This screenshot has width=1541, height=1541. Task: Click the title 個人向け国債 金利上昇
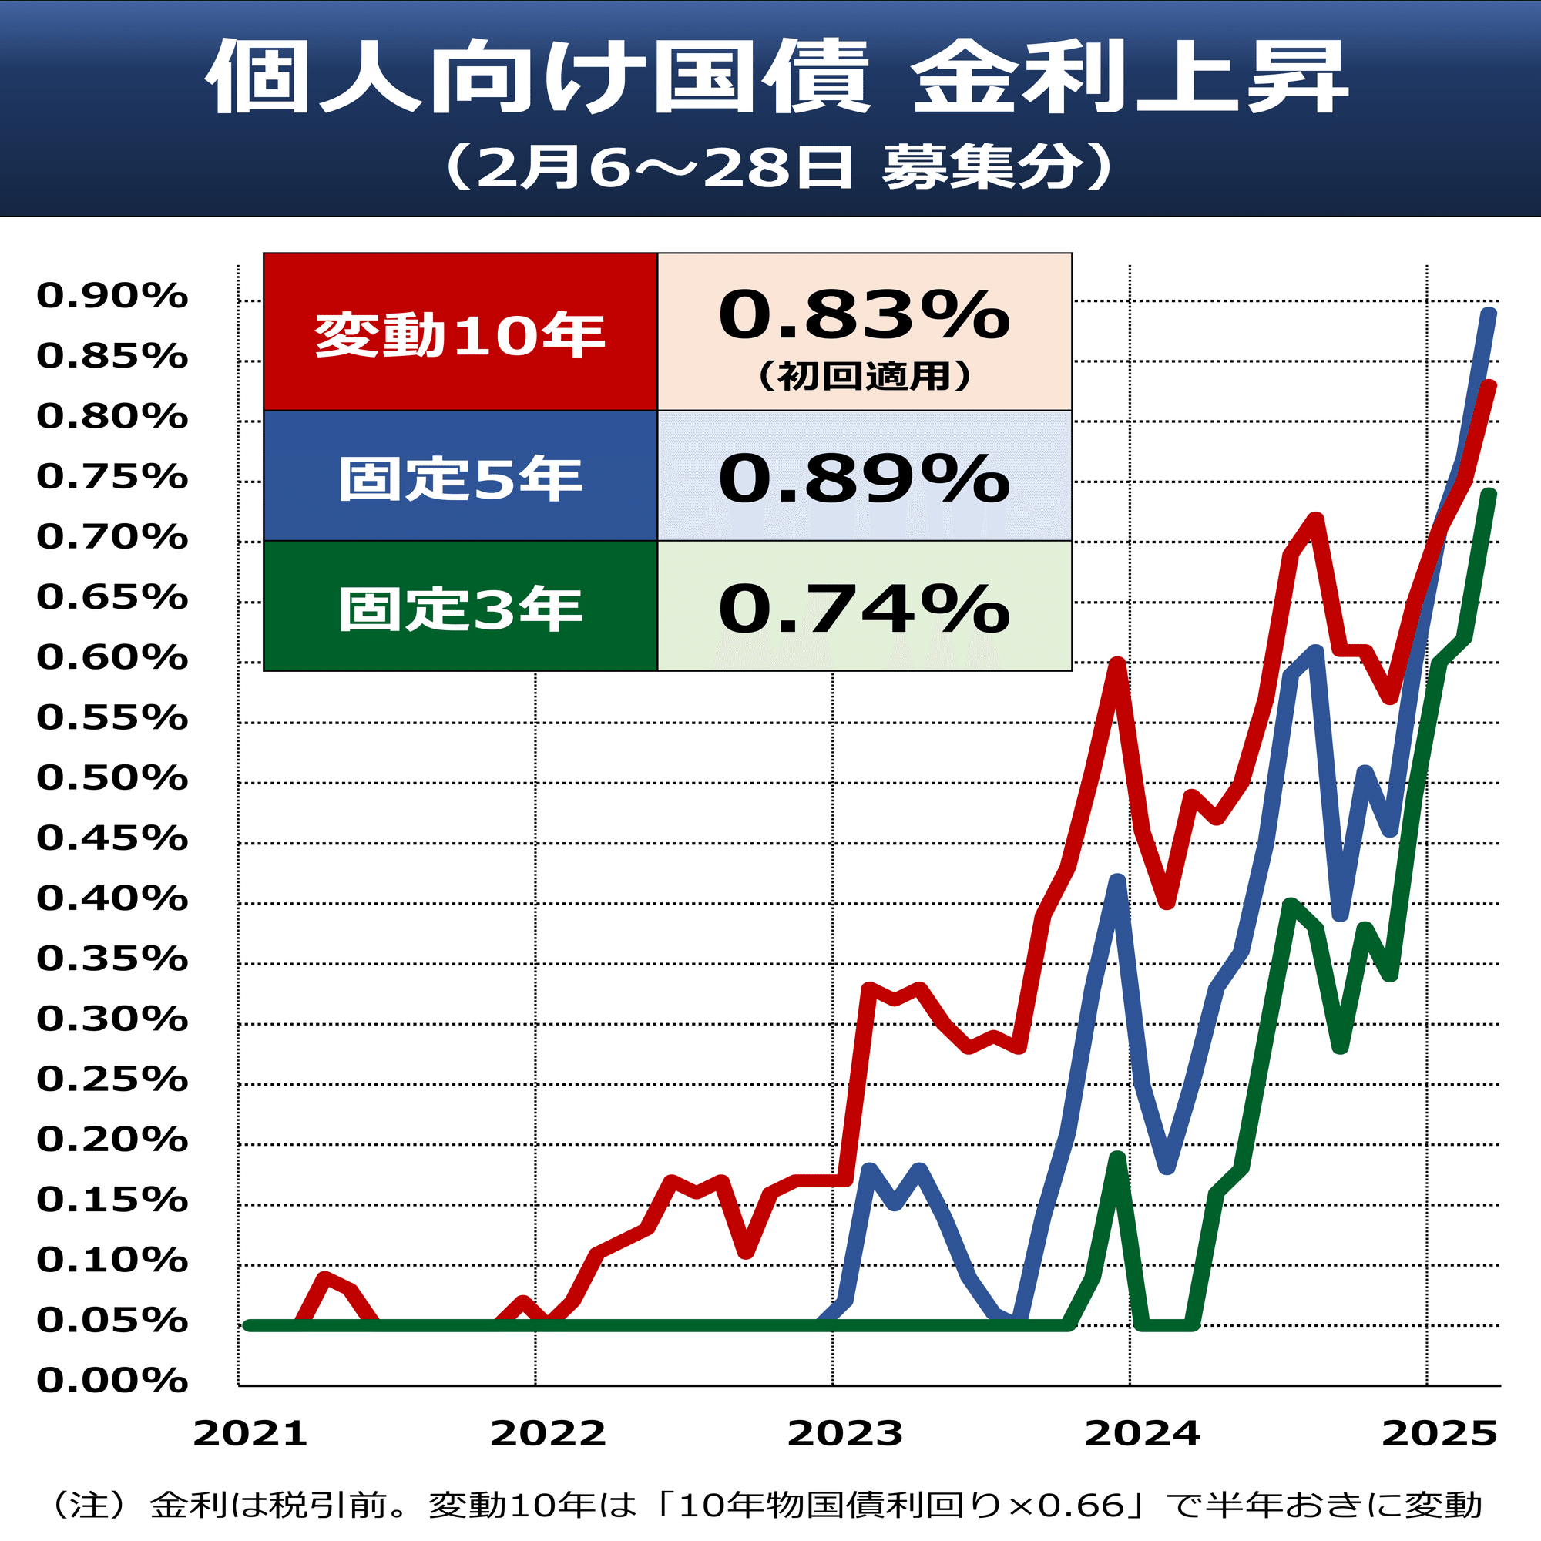coord(775,78)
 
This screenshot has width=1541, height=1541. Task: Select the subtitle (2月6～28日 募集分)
coord(777,167)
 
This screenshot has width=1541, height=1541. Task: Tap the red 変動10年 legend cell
coord(459,333)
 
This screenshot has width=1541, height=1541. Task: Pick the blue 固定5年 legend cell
coord(459,477)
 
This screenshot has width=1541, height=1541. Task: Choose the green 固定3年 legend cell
coord(459,607)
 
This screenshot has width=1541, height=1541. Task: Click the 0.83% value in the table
coord(864,315)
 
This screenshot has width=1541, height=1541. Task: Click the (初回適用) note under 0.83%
coord(864,376)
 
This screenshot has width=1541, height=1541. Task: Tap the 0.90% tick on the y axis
coord(112,296)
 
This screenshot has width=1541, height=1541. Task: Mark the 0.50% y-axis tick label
coord(112,777)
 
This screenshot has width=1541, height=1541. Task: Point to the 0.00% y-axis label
coord(112,1381)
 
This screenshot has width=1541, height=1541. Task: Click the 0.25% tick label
coord(112,1079)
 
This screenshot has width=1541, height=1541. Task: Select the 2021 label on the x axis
coord(250,1433)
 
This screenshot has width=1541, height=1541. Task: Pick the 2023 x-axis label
coord(844,1433)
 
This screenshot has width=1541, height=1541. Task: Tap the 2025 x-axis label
coord(1439,1433)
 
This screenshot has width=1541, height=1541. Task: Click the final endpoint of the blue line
coord(1489,314)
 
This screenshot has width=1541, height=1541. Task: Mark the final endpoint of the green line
coord(1489,495)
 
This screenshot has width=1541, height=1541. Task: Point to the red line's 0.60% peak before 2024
coord(1117,663)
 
